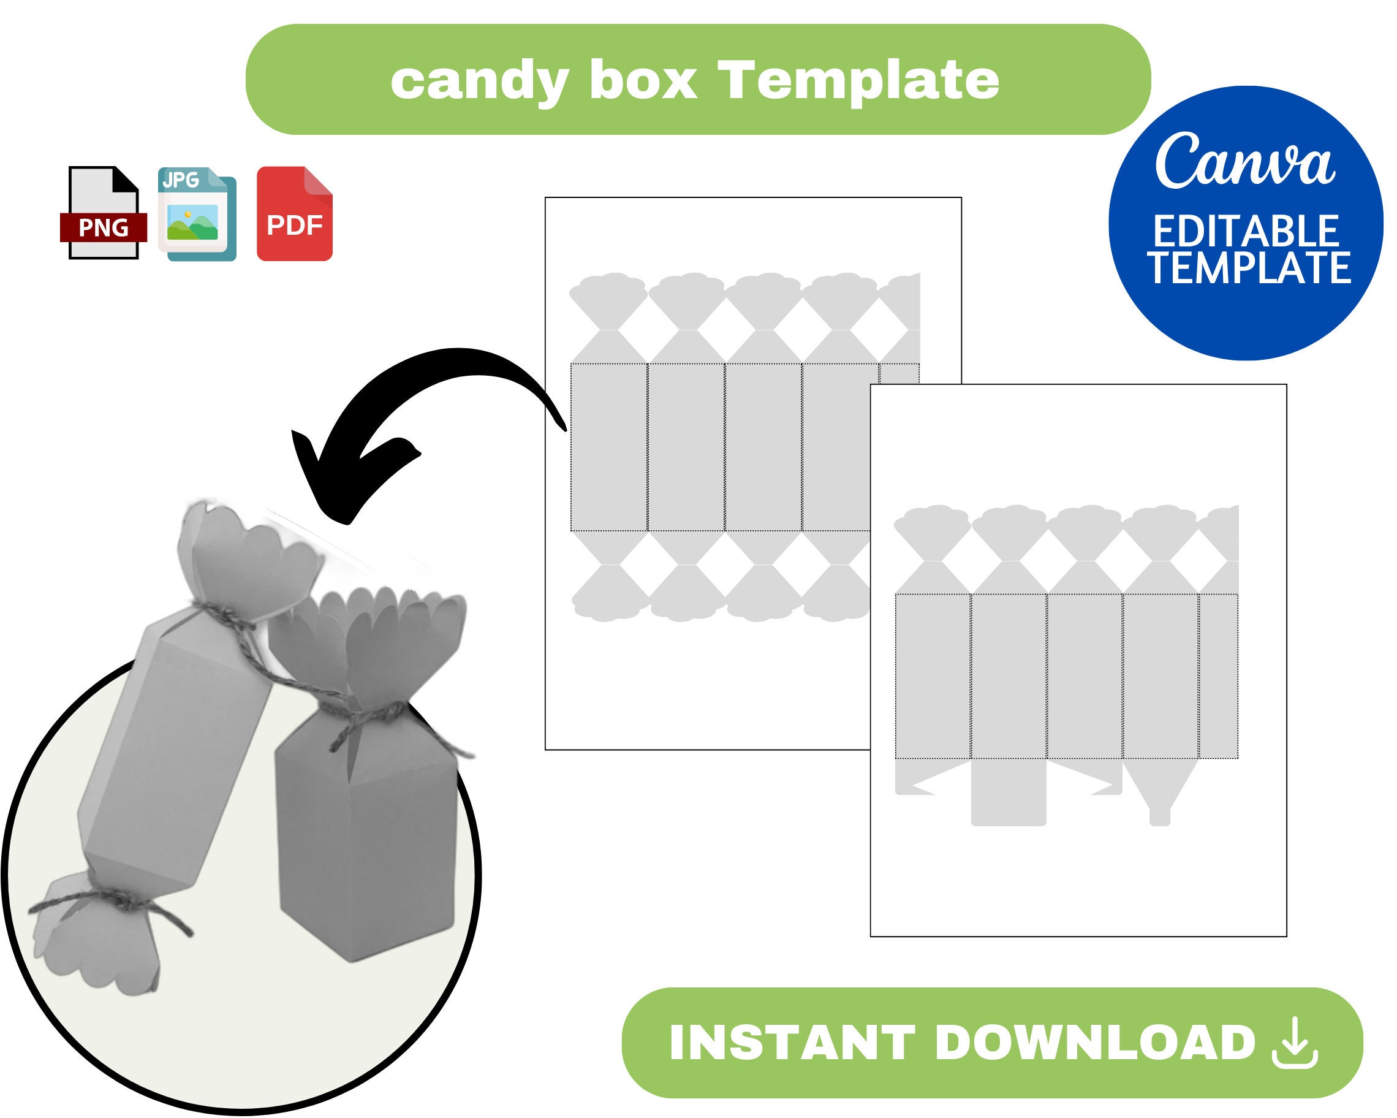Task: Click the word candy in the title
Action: [480, 82]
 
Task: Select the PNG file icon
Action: [104, 213]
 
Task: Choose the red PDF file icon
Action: [295, 214]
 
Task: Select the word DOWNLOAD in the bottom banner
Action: [1096, 1043]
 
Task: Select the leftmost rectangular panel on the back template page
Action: [609, 447]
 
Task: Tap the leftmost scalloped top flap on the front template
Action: [932, 531]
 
